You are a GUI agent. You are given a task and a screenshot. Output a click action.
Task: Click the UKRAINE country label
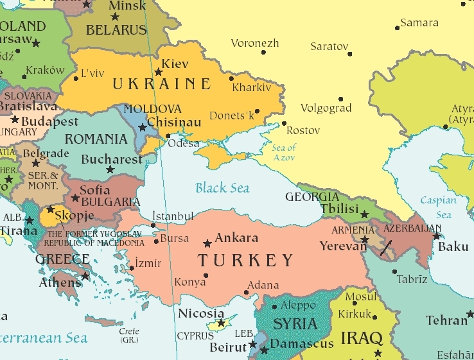click(x=161, y=84)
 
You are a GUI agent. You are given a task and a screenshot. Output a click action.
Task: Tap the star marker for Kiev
click(x=159, y=73)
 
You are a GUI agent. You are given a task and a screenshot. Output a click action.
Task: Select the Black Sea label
click(x=222, y=188)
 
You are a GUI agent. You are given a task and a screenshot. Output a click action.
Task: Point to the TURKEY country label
click(x=245, y=261)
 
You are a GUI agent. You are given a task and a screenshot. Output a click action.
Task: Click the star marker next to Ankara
click(x=207, y=244)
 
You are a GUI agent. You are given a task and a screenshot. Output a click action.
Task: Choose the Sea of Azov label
click(x=283, y=153)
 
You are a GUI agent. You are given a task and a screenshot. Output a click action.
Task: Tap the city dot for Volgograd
click(x=341, y=99)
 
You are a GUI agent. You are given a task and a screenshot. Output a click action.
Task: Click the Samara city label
click(x=419, y=23)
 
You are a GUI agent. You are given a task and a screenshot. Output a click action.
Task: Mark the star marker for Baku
click(x=437, y=236)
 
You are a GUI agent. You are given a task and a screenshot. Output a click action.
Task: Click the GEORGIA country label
click(x=312, y=196)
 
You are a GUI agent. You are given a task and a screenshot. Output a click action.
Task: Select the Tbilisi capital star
click(x=365, y=214)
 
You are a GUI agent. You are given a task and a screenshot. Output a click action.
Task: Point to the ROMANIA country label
click(x=96, y=139)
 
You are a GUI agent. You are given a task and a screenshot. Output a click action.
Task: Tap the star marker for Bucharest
click(x=110, y=170)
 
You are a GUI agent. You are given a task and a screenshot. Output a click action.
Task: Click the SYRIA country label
click(x=295, y=323)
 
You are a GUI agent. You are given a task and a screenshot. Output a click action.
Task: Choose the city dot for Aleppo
click(x=275, y=307)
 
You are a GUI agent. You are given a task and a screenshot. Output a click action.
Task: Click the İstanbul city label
click(x=173, y=216)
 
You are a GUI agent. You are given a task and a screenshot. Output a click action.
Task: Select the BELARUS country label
click(x=116, y=30)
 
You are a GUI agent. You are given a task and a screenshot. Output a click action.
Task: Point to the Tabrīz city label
click(x=412, y=279)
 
